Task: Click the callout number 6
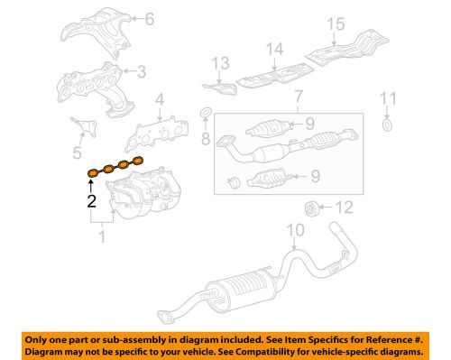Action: pos(150,18)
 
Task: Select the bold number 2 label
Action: pos(91,201)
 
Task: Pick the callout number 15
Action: pos(361,23)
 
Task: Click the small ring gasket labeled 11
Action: pos(388,124)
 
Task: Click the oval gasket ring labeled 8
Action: pos(205,113)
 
